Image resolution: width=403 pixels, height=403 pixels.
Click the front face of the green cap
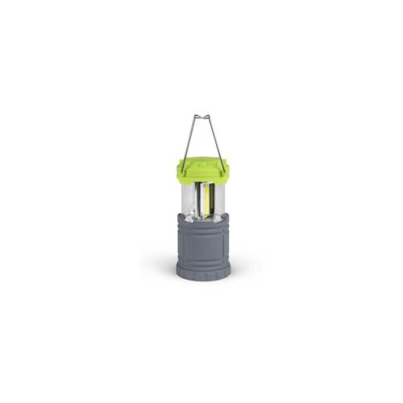(201, 170)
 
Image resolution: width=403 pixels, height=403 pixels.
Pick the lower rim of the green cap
(201, 179)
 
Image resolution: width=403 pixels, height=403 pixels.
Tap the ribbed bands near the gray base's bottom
(201, 264)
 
